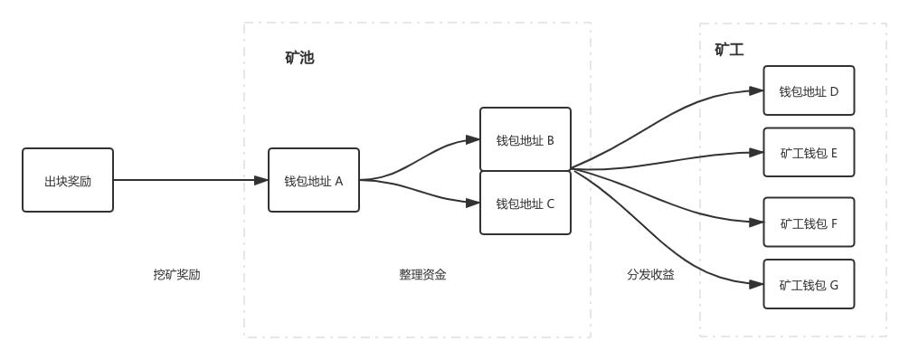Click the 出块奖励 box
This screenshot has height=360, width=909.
pos(68,180)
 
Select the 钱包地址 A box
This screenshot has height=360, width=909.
pos(314,180)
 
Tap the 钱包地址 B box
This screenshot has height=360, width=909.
pos(526,139)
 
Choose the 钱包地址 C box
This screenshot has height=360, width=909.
pos(526,203)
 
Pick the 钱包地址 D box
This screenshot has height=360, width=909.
pos(809,90)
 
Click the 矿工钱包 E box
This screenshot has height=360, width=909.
pos(809,152)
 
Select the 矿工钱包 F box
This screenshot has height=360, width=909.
pos(809,222)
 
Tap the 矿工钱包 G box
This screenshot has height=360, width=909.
pos(809,284)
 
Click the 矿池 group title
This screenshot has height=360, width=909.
pos(299,58)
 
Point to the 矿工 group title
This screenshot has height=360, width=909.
pos(729,50)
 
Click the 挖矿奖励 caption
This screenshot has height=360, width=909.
pos(177,274)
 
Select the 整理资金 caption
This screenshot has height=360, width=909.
pos(423,274)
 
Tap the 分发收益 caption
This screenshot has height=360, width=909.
pos(651,274)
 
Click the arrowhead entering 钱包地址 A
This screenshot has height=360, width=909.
pos(261,180)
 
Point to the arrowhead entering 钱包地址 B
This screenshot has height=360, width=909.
pos(473,139)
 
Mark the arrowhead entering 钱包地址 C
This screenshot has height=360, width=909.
pos(473,203)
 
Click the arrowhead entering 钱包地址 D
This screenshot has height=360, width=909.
pos(757,90)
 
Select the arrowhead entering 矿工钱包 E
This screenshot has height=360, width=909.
pos(757,152)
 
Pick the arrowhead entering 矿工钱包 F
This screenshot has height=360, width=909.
pos(757,222)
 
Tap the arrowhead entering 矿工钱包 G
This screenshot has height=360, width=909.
pos(757,284)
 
